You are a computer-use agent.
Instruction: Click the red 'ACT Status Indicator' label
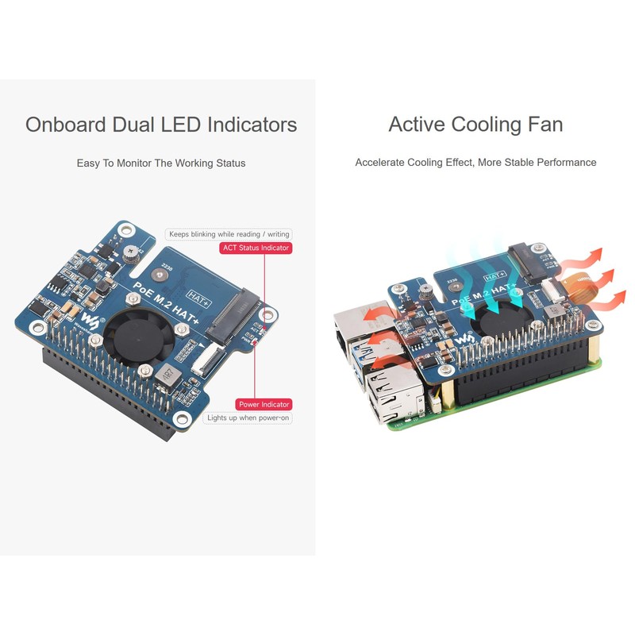256,248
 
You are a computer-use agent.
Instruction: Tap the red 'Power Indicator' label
264,404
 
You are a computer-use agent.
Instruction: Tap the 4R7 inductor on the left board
165,374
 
